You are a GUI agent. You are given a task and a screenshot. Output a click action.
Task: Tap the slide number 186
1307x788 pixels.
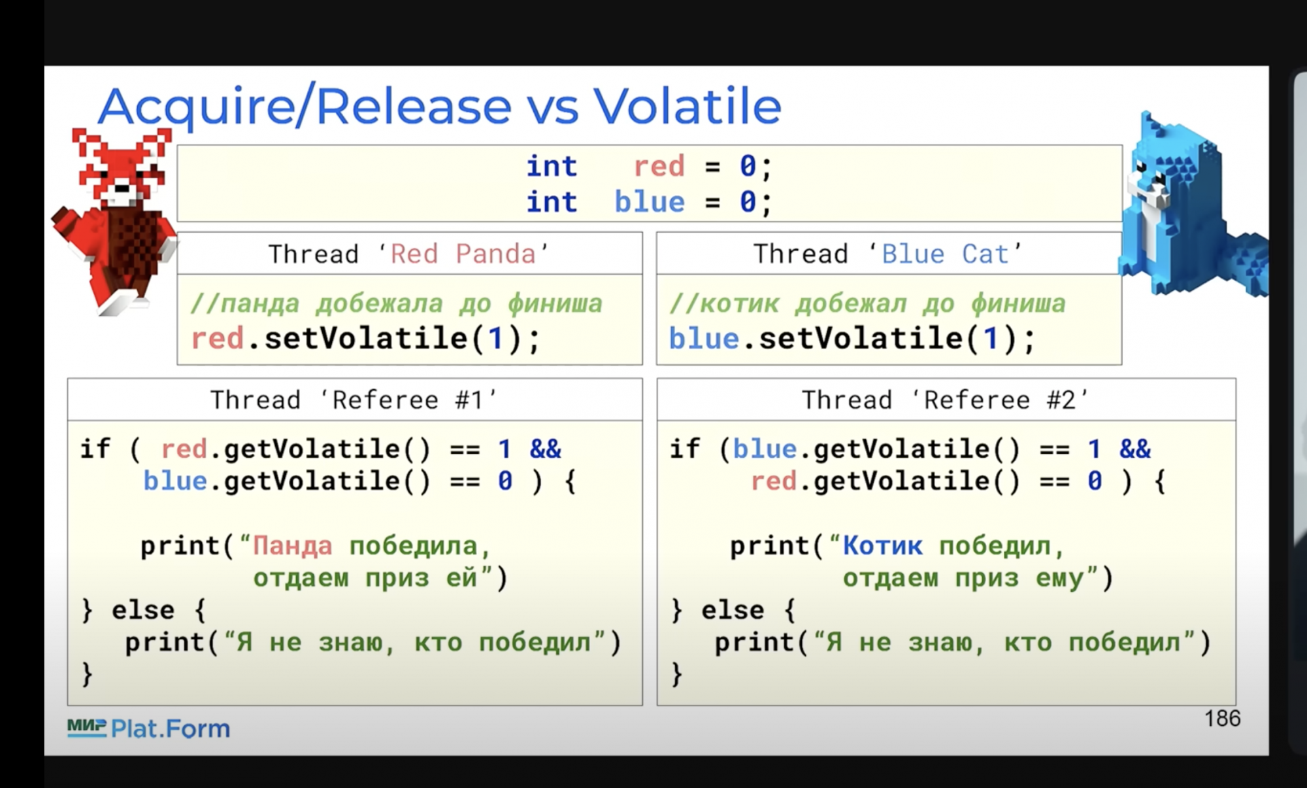point(1222,719)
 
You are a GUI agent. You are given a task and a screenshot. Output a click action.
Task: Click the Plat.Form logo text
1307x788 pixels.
point(171,728)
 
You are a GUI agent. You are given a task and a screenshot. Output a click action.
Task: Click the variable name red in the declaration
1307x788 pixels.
point(659,166)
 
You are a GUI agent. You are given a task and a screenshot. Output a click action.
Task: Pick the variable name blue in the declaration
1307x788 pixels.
point(650,202)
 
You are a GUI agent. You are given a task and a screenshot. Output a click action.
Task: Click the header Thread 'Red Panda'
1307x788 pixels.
point(409,254)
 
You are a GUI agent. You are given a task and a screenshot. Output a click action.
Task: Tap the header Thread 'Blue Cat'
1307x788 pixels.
point(888,254)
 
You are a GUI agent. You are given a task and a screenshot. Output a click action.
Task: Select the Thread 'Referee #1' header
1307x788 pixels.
point(354,400)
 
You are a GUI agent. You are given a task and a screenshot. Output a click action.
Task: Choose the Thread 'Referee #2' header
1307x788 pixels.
point(946,400)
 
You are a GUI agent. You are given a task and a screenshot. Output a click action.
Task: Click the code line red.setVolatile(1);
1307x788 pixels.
point(366,339)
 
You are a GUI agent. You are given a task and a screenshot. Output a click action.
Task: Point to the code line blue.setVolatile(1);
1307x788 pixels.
point(852,339)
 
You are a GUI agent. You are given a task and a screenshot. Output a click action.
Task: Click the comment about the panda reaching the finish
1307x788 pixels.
point(397,303)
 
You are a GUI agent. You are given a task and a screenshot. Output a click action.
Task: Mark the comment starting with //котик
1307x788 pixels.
point(868,303)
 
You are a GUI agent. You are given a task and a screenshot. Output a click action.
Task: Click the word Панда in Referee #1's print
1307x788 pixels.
point(293,545)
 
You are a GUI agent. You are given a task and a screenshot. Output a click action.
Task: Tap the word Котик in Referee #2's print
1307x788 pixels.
point(883,545)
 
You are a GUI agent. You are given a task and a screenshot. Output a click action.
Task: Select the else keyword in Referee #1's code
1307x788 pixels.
point(143,610)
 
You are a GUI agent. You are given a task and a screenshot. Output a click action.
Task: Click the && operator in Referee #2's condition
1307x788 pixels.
point(1135,449)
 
